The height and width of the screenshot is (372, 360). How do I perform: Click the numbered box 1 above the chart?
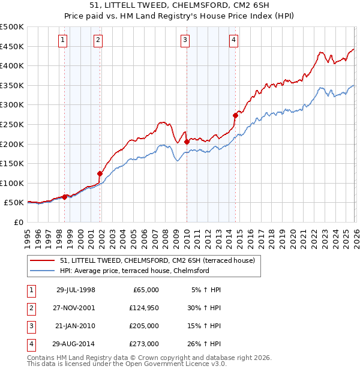(x=63, y=40)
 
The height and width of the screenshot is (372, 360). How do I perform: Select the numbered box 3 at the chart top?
(x=185, y=40)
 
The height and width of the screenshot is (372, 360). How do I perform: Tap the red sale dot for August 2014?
(x=235, y=116)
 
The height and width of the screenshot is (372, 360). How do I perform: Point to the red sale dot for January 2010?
(x=187, y=142)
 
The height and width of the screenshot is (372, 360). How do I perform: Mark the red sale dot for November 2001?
(x=100, y=173)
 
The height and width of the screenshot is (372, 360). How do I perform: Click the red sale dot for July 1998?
(x=65, y=197)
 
